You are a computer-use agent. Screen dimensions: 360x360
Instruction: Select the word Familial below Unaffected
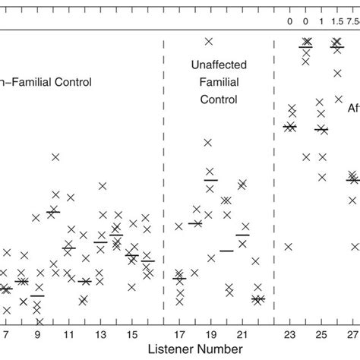coord(215,83)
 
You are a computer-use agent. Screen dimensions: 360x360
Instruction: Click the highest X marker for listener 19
coord(209,41)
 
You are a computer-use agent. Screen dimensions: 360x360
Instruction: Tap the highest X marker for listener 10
coord(55,157)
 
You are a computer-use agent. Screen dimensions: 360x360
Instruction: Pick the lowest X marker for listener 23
coord(289,246)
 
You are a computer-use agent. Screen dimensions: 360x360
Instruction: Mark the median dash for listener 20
coord(226,250)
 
